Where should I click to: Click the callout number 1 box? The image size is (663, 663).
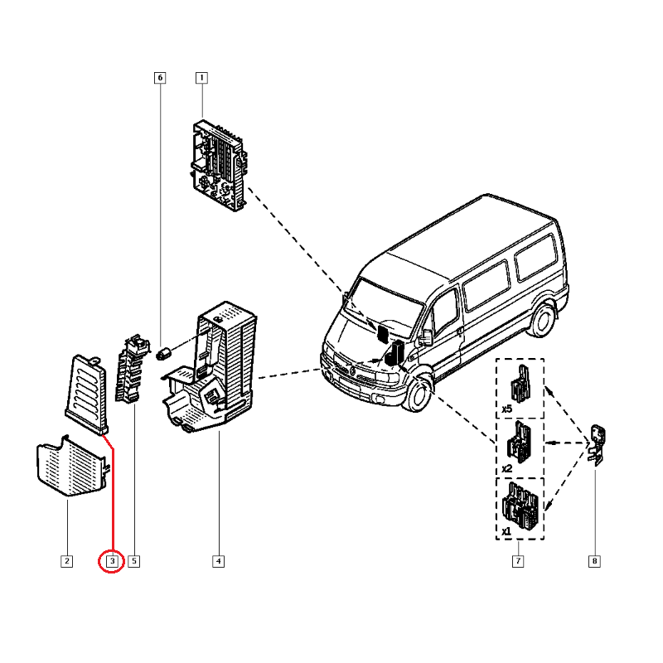pos(201,78)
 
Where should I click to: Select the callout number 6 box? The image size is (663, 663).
pos(160,78)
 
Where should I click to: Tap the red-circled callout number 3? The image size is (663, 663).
pos(112,562)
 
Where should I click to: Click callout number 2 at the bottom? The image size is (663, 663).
pos(67,562)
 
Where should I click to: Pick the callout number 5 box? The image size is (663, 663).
pos(134,562)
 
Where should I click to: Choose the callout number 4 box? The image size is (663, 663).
pos(218,562)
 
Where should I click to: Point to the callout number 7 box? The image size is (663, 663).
pos(517,562)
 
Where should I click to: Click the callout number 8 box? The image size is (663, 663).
pos(594,562)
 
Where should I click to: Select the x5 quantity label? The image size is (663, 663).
pos(506,409)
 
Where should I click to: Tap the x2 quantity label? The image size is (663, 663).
pos(506,467)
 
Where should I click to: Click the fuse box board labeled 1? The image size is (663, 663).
pos(218,164)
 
